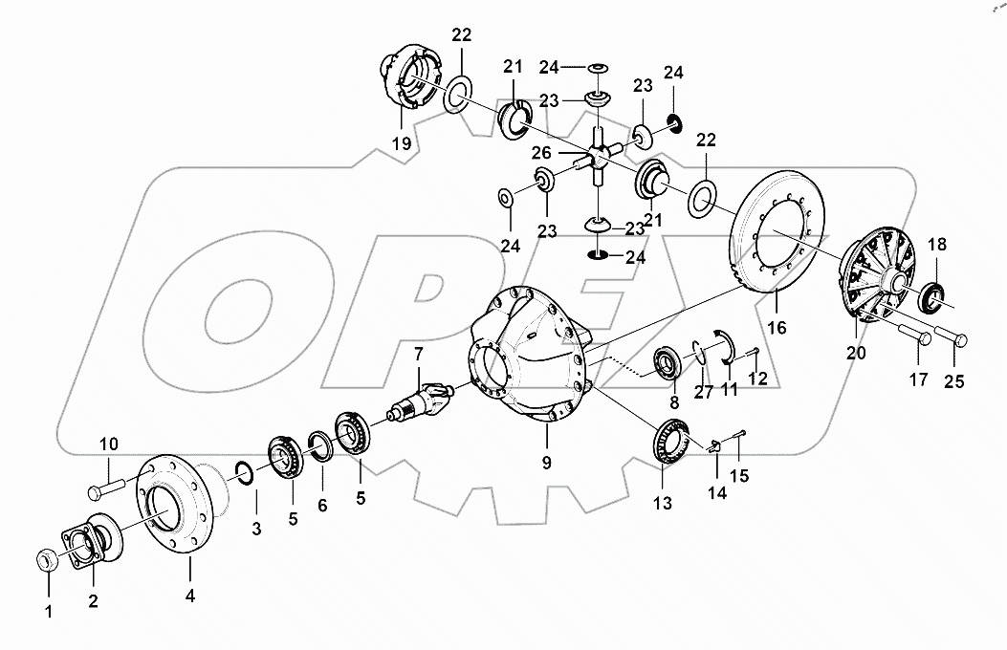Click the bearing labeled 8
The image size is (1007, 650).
pyautogui.click(x=666, y=364)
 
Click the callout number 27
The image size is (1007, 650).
pyautogui.click(x=705, y=391)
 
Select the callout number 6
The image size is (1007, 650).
pyautogui.click(x=322, y=505)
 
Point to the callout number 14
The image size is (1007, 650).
pyautogui.click(x=717, y=493)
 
